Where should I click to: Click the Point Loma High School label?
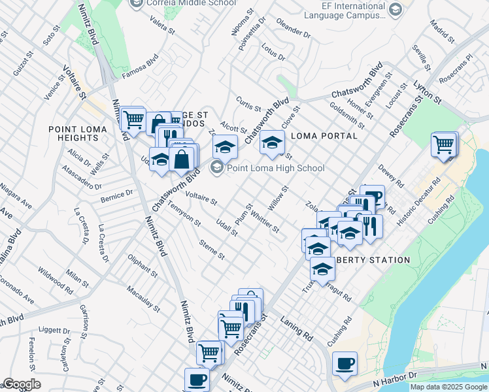pyautogui.click(x=275, y=168)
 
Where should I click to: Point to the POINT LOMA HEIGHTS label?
pyautogui.click(x=73, y=133)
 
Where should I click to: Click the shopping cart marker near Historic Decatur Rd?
pyautogui.click(x=444, y=144)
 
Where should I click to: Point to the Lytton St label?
pyautogui.click(x=428, y=91)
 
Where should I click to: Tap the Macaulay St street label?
pyautogui.click(x=143, y=296)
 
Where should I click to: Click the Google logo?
pyautogui.click(x=22, y=384)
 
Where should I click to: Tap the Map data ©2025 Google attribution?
pyautogui.click(x=448, y=387)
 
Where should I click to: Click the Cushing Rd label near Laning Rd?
pyautogui.click(x=339, y=332)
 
